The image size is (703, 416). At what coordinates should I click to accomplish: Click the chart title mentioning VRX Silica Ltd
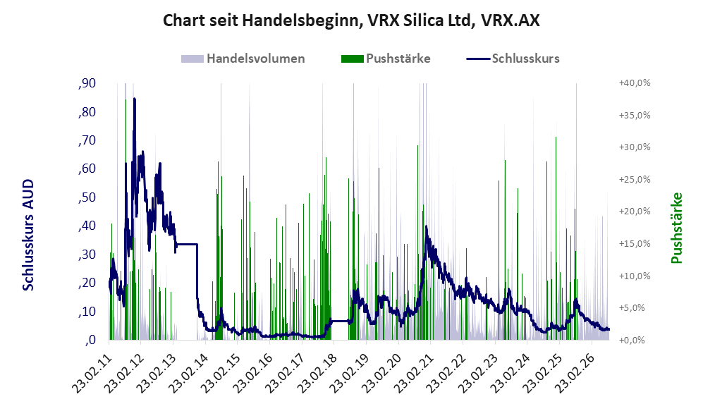(x=351, y=20)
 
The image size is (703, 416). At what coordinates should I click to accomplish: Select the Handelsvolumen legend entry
(x=243, y=59)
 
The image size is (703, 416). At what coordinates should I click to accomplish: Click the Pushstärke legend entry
(x=386, y=59)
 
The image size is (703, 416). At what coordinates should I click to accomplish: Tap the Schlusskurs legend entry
(x=513, y=59)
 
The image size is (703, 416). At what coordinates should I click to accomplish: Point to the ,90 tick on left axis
(x=87, y=83)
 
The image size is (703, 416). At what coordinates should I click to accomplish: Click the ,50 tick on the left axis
(x=87, y=197)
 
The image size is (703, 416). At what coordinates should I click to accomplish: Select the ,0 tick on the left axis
(x=90, y=340)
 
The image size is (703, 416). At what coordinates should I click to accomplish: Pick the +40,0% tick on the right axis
(x=635, y=83)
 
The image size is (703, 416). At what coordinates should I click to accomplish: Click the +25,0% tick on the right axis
(x=635, y=179)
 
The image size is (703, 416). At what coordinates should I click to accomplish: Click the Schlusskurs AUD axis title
(x=28, y=235)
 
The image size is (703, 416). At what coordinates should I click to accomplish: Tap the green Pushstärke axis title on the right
(x=676, y=228)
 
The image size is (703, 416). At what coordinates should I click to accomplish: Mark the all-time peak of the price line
(x=135, y=99)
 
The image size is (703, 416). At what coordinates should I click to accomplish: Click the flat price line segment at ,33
(x=187, y=244)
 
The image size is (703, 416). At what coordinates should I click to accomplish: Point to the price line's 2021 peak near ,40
(x=426, y=227)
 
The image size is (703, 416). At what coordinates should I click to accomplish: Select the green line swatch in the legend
(x=352, y=59)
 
